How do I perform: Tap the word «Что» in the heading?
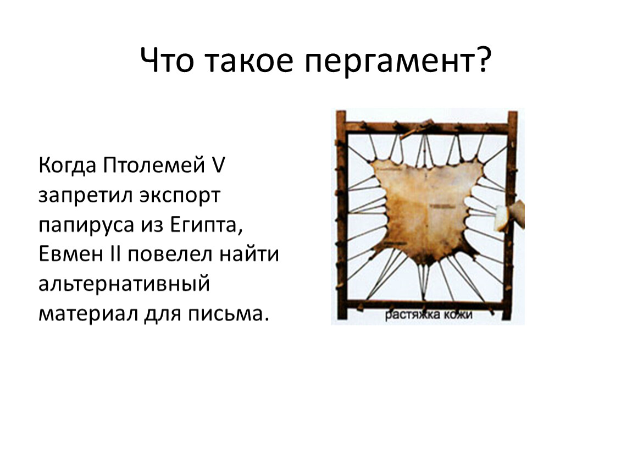pyautogui.click(x=167, y=60)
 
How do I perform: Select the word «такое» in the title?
pyautogui.click(x=249, y=61)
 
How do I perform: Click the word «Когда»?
pyautogui.click(x=67, y=165)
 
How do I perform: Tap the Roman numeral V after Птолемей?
pyautogui.click(x=218, y=165)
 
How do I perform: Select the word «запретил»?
pyautogui.click(x=85, y=195)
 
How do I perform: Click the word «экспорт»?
pyautogui.click(x=180, y=196)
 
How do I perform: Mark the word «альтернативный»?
pyautogui.click(x=124, y=284)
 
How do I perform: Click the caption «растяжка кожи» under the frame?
pyautogui.click(x=428, y=314)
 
